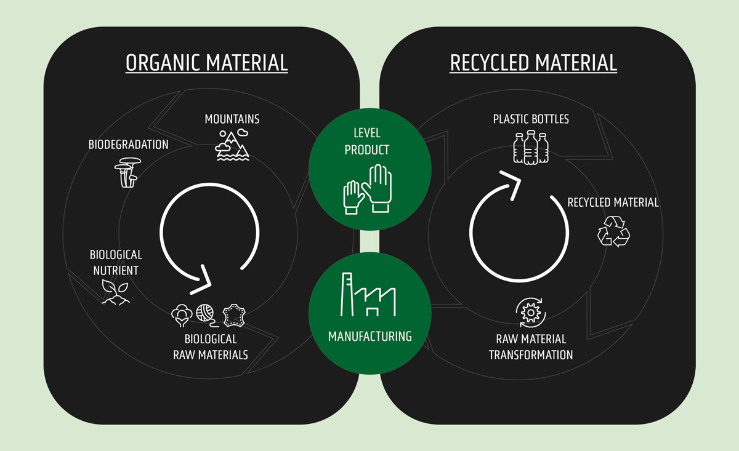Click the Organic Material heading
(x=206, y=63)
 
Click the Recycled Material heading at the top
(x=533, y=63)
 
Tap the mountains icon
(x=232, y=145)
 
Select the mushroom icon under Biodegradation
(x=127, y=172)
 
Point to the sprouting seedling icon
(x=115, y=292)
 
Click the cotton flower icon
(x=182, y=314)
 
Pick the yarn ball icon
(x=206, y=314)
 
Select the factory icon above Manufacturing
(x=369, y=296)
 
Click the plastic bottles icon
(x=531, y=148)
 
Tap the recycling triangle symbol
(x=613, y=231)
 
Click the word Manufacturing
(x=369, y=337)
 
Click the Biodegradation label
(x=128, y=145)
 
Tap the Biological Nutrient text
(x=116, y=262)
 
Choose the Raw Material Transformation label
(x=531, y=347)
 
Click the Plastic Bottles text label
(x=531, y=119)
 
